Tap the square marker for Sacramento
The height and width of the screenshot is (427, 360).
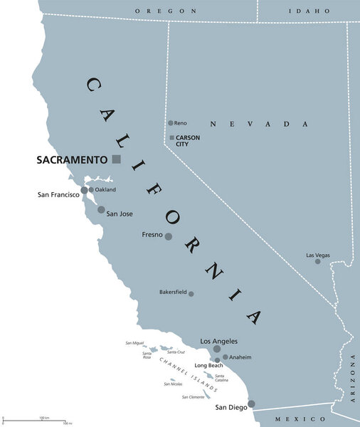[117, 159]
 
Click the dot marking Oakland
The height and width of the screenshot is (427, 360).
[91, 190]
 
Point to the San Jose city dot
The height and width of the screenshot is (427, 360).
[101, 210]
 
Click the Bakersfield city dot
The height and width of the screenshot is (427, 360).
[191, 293]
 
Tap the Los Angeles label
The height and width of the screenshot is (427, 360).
[219, 341]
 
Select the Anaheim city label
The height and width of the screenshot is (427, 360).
[239, 357]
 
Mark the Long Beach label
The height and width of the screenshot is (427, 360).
[210, 366]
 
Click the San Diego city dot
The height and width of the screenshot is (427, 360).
[251, 404]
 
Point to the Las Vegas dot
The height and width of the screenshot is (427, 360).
[318, 261]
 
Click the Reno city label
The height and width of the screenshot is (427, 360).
[181, 123]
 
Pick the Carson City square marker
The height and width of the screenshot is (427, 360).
[171, 137]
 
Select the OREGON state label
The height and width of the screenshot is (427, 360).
[166, 11]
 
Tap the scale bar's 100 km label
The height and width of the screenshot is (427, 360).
[43, 417]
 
